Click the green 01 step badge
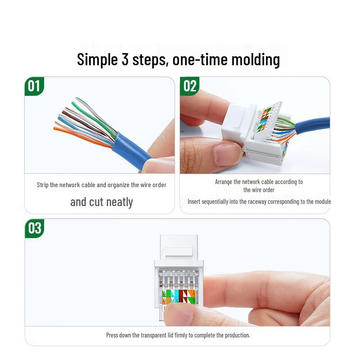pos(34,86)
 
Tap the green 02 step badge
pos(189,86)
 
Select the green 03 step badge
pos(35,228)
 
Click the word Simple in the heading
pos(97,60)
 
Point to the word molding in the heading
pos(256,60)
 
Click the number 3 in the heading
pos(125,59)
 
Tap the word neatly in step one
pos(119,202)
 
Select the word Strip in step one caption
pos(42,185)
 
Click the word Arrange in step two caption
pos(223,182)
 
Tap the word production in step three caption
pos(237,335)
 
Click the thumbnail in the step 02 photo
pos(226,154)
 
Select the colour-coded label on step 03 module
pos(179,297)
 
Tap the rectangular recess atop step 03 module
pos(179,252)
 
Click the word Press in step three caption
pos(112,335)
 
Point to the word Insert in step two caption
pos(193,202)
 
